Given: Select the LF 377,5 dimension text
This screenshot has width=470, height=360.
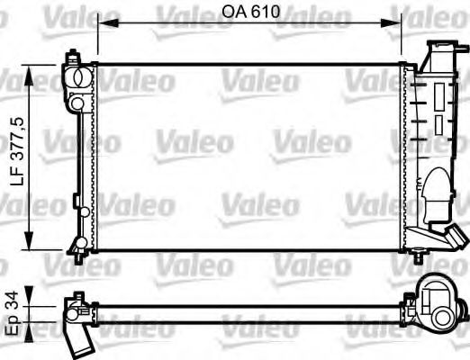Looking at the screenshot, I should (x=15, y=156).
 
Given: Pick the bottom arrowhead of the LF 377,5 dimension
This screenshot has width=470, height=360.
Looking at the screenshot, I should (x=33, y=244).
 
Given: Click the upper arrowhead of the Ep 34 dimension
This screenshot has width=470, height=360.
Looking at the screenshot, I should (x=33, y=294).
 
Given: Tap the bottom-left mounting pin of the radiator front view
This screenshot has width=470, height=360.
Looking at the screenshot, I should (x=78, y=257).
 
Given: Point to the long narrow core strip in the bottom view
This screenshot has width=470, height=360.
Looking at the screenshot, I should (x=252, y=310).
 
